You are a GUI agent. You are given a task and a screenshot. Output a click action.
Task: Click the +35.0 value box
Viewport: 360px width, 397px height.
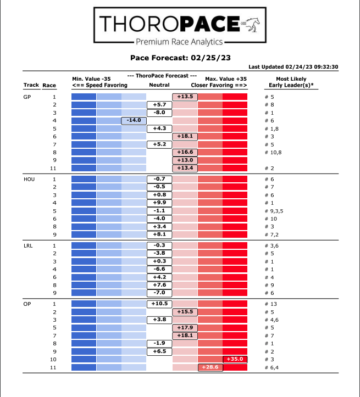click(x=235, y=359)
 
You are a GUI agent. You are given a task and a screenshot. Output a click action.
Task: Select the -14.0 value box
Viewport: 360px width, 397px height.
click(x=134, y=120)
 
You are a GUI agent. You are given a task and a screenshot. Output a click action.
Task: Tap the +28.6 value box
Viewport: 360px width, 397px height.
click(x=210, y=367)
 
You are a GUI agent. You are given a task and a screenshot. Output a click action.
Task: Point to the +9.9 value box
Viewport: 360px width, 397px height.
click(x=159, y=203)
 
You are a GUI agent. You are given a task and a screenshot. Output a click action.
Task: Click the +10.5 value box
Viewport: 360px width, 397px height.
click(x=159, y=304)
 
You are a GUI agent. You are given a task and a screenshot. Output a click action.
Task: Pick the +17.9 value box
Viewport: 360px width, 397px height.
click(x=185, y=327)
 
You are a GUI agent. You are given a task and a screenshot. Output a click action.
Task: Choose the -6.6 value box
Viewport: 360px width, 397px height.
click(x=159, y=269)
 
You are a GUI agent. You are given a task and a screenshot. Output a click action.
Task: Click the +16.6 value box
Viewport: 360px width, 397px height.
click(x=185, y=152)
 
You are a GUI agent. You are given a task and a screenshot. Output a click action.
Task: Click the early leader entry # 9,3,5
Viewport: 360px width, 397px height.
click(x=275, y=211)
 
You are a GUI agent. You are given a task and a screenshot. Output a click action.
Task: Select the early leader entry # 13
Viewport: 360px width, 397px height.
click(x=270, y=304)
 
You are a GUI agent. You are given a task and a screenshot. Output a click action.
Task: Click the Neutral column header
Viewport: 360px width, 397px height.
click(x=159, y=85)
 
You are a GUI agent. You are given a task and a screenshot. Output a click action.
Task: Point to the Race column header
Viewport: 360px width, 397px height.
click(x=49, y=85)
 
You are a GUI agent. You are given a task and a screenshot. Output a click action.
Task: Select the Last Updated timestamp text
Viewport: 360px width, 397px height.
click(x=301, y=67)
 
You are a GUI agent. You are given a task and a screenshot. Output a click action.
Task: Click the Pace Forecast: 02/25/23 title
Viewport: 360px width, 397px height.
click(x=180, y=57)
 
